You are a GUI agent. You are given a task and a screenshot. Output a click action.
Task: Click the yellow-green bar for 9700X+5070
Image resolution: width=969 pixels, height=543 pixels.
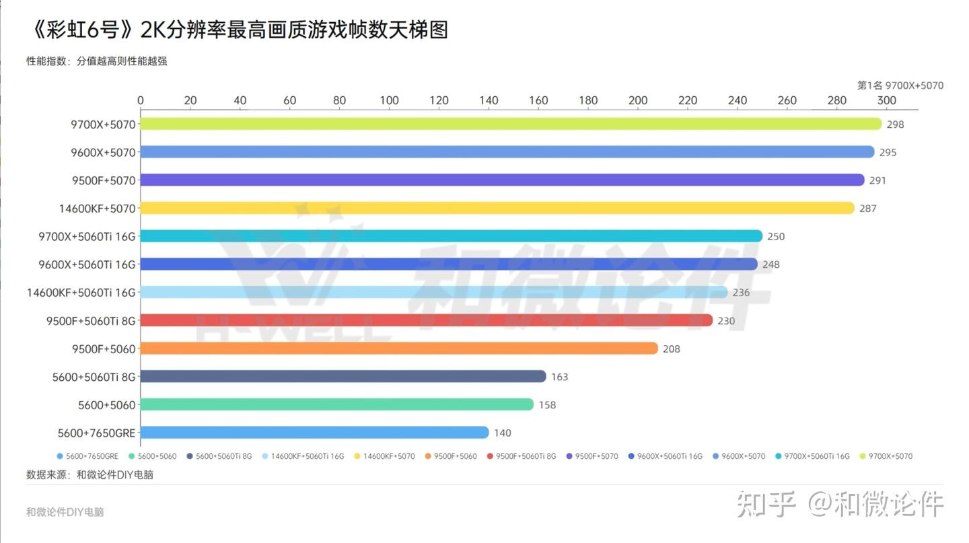[x=511, y=124]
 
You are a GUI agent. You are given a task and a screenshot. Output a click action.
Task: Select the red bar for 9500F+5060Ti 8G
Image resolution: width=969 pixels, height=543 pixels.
[x=427, y=320]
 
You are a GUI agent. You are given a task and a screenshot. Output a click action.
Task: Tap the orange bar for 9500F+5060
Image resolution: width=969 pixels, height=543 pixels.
[x=399, y=349]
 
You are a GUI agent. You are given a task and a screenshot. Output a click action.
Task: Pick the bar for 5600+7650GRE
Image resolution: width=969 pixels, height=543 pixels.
[x=314, y=433]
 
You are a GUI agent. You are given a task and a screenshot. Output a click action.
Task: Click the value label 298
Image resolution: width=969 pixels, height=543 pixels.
[x=895, y=124]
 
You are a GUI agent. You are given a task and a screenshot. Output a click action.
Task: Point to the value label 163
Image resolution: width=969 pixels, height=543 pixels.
[x=559, y=377]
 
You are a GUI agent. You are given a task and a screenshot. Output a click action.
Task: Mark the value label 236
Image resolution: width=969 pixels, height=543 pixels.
[x=741, y=293]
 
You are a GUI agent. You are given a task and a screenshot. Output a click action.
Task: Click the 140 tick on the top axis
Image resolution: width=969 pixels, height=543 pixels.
[x=489, y=100]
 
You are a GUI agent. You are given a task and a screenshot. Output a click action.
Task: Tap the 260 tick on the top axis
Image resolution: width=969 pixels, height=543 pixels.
[x=787, y=100]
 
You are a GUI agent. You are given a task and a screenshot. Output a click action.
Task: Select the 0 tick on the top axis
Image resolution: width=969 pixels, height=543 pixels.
[x=141, y=100]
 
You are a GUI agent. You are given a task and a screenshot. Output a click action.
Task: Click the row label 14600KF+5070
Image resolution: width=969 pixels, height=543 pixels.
[x=98, y=209]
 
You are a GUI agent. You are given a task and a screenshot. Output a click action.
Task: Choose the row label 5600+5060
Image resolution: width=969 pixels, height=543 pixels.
[x=107, y=405]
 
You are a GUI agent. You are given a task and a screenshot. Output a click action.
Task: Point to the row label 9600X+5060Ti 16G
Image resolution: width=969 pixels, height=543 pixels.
[x=87, y=264]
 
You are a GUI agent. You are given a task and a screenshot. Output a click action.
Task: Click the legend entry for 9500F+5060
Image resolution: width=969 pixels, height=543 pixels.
[x=451, y=456]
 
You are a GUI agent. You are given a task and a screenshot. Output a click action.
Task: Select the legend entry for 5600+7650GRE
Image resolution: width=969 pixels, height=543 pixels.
[x=87, y=456]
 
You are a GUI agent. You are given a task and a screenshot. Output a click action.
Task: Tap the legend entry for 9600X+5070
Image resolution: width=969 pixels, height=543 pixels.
[x=739, y=456]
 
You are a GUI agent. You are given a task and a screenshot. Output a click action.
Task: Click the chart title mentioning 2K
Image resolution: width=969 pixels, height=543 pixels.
[x=240, y=30]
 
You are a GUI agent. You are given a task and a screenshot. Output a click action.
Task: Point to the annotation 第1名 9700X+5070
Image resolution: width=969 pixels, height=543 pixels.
[x=900, y=85]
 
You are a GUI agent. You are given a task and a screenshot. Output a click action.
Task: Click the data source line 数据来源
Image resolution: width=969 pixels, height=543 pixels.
[x=90, y=474]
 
